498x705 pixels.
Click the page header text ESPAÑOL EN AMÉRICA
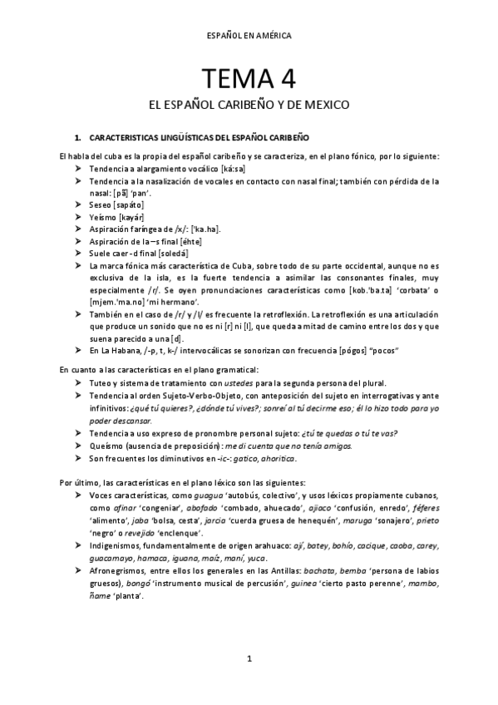[249, 36]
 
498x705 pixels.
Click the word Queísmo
[106, 446]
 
